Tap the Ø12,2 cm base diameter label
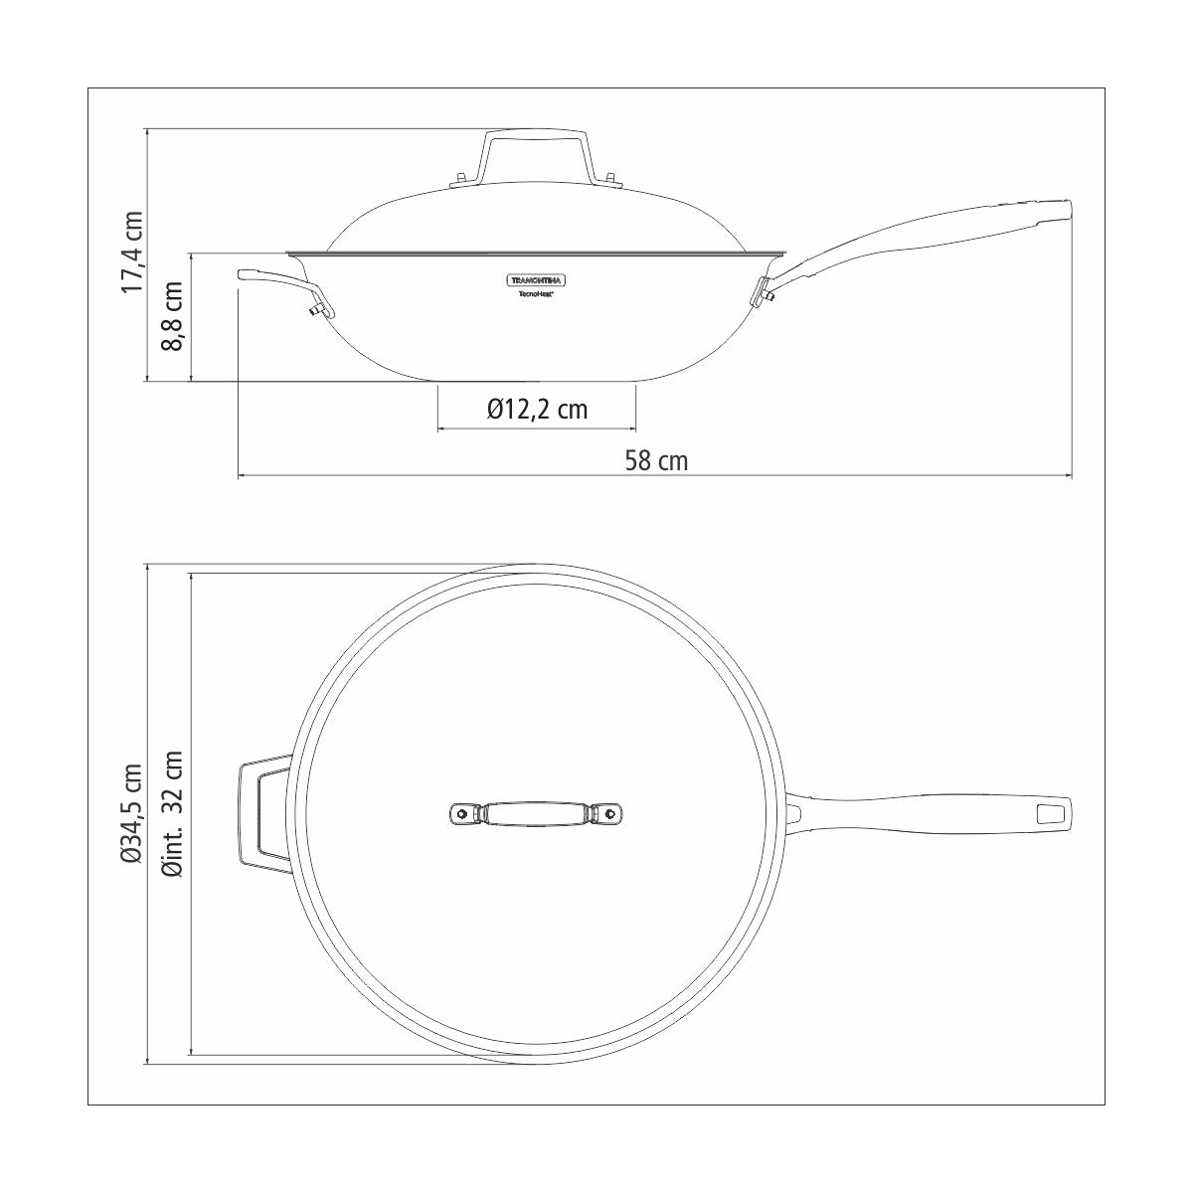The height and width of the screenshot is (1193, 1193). click(537, 409)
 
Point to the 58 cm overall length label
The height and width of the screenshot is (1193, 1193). click(656, 460)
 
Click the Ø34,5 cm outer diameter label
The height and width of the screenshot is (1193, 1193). click(132, 812)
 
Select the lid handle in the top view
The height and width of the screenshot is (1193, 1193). click(537, 813)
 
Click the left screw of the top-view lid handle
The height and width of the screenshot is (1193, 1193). click(462, 813)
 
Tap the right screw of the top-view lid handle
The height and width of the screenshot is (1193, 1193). click(610, 813)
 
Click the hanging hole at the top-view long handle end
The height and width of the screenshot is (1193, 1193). click(1051, 813)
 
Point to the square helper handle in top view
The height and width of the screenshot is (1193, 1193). click(263, 813)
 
